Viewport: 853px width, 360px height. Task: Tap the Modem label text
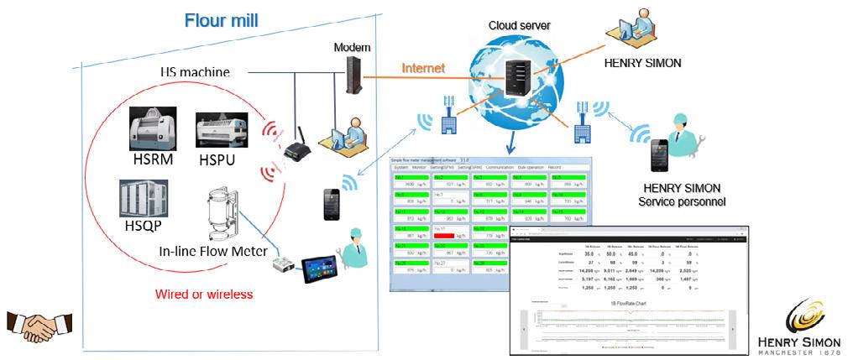352,48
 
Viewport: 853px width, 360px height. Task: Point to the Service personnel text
683,202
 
